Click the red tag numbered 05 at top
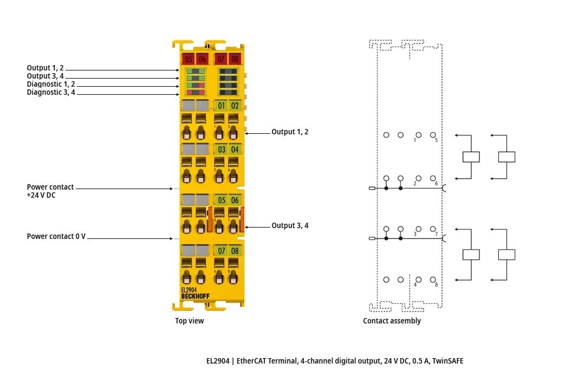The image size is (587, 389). (188, 59)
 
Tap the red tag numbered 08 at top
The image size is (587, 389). (234, 59)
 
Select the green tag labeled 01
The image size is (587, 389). (221, 106)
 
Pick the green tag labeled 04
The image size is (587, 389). (234, 149)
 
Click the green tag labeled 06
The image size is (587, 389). (234, 200)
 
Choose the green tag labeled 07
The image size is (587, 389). (221, 251)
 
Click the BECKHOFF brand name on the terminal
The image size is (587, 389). (195, 296)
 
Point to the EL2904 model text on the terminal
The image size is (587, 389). (189, 290)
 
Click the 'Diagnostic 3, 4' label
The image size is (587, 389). (51, 93)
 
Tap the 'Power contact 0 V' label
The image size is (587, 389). (56, 237)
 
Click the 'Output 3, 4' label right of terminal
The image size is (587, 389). (290, 226)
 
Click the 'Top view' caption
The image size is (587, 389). (190, 321)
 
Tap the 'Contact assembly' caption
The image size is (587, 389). (392, 321)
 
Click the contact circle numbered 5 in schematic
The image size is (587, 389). (433, 134)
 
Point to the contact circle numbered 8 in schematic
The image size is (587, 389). (433, 280)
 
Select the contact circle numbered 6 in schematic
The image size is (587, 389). (433, 178)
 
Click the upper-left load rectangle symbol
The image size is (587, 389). (471, 157)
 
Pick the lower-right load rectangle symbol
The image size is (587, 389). (506, 255)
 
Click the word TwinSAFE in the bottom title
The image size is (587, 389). (447, 360)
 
